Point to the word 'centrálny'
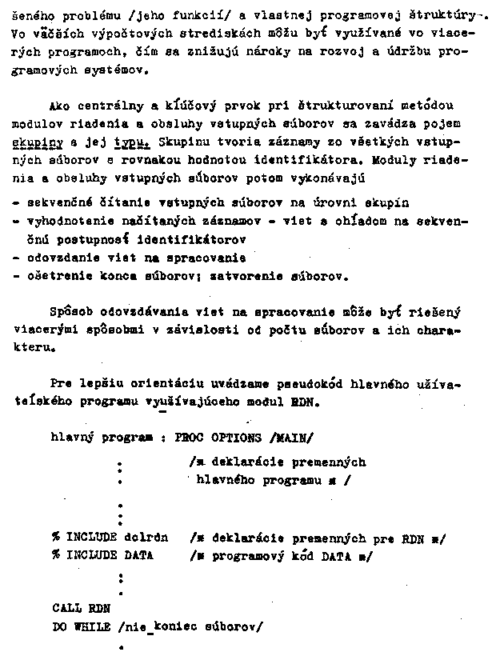click(110, 106)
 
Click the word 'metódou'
click(433, 106)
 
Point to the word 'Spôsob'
click(70, 311)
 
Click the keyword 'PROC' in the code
click(189, 438)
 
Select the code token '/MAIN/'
click(292, 438)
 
